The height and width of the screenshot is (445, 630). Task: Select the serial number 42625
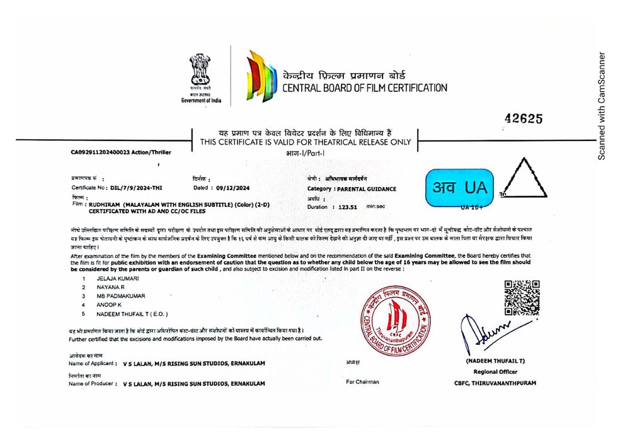click(x=524, y=119)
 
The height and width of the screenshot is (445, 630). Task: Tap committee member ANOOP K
click(x=109, y=305)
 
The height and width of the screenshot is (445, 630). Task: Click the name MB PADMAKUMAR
click(x=120, y=296)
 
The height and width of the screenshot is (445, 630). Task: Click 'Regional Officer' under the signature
click(x=495, y=371)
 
